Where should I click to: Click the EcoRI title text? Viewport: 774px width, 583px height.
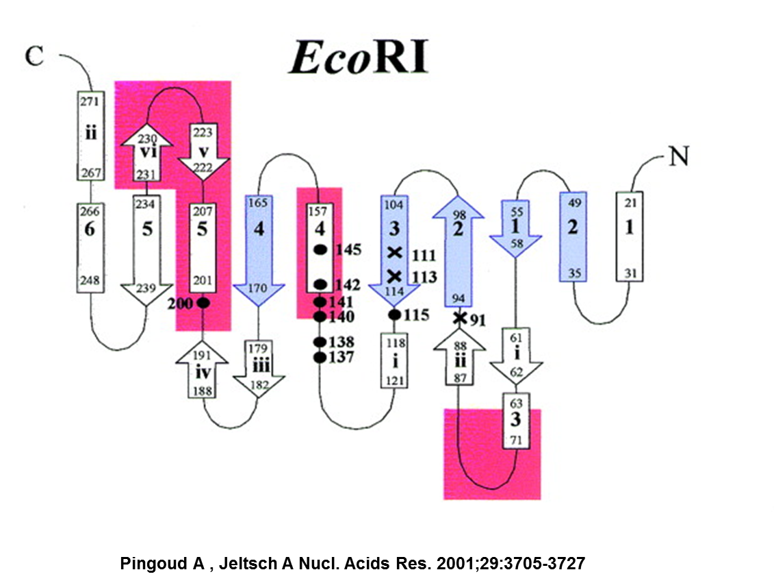pyautogui.click(x=358, y=59)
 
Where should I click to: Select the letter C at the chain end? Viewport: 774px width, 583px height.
pyautogui.click(x=34, y=56)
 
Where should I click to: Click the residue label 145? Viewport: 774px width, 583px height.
pyautogui.click(x=347, y=250)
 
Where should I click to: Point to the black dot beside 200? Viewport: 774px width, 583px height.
pyautogui.click(x=202, y=302)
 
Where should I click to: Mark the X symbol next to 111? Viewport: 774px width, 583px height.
pyautogui.click(x=394, y=253)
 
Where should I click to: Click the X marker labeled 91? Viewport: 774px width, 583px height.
pyautogui.click(x=461, y=318)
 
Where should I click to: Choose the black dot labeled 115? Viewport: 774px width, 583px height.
pyautogui.click(x=394, y=314)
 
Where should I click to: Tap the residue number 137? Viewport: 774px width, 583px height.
pyautogui.click(x=341, y=357)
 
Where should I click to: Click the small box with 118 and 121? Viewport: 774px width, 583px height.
pyautogui.click(x=394, y=361)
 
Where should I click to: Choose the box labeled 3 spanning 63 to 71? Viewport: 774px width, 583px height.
pyautogui.click(x=515, y=420)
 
